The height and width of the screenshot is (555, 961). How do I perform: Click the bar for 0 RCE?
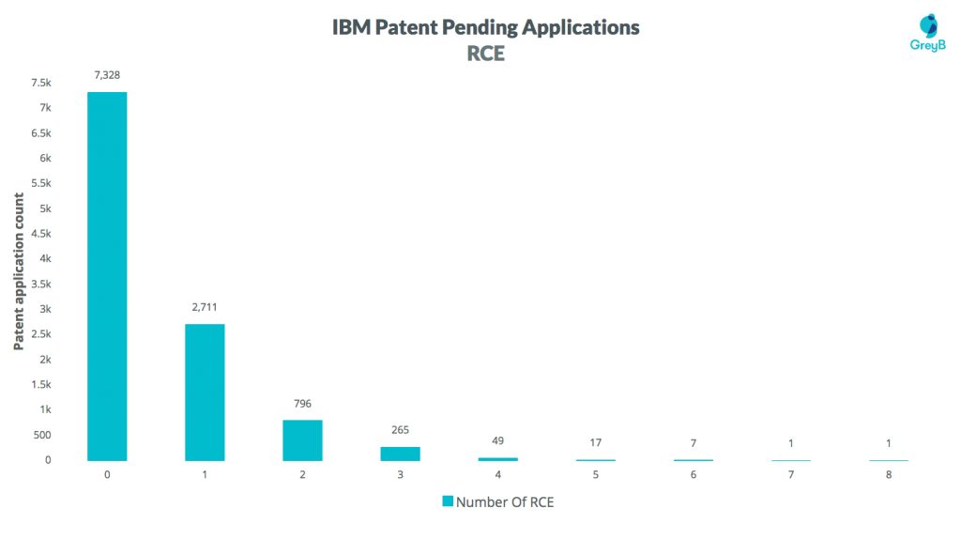pos(107,276)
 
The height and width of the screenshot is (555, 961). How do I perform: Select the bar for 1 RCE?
pos(205,392)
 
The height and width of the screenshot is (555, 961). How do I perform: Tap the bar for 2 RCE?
pos(302,439)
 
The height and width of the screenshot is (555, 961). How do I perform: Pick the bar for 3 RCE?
pos(400,453)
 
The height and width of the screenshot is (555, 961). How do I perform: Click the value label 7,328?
pos(107,75)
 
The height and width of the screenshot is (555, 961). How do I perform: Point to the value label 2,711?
pos(205,307)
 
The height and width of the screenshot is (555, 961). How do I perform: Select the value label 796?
pos(302,404)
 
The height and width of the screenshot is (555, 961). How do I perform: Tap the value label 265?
pos(400,430)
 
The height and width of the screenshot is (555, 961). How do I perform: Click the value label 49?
pos(497,440)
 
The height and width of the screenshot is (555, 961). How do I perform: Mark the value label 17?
pos(595,442)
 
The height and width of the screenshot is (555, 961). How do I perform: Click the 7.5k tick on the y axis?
pos(40,84)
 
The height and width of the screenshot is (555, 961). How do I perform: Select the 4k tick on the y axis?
pos(45,259)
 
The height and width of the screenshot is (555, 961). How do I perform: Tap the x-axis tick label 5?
pos(595,475)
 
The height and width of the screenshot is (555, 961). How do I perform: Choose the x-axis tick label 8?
pos(888,475)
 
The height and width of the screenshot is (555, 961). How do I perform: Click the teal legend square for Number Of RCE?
pos(448,501)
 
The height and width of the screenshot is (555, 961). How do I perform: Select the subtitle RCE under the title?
pos(486,54)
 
